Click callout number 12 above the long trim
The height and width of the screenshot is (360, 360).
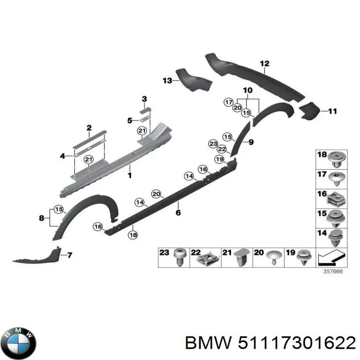(264, 63)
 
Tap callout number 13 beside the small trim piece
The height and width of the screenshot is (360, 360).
(167, 81)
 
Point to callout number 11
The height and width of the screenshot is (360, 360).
(332, 111)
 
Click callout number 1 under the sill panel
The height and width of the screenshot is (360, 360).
(130, 175)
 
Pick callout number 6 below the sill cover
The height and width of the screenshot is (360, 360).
(178, 212)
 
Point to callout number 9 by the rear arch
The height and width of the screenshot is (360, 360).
(251, 143)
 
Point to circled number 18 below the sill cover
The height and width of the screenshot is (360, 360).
(133, 234)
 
